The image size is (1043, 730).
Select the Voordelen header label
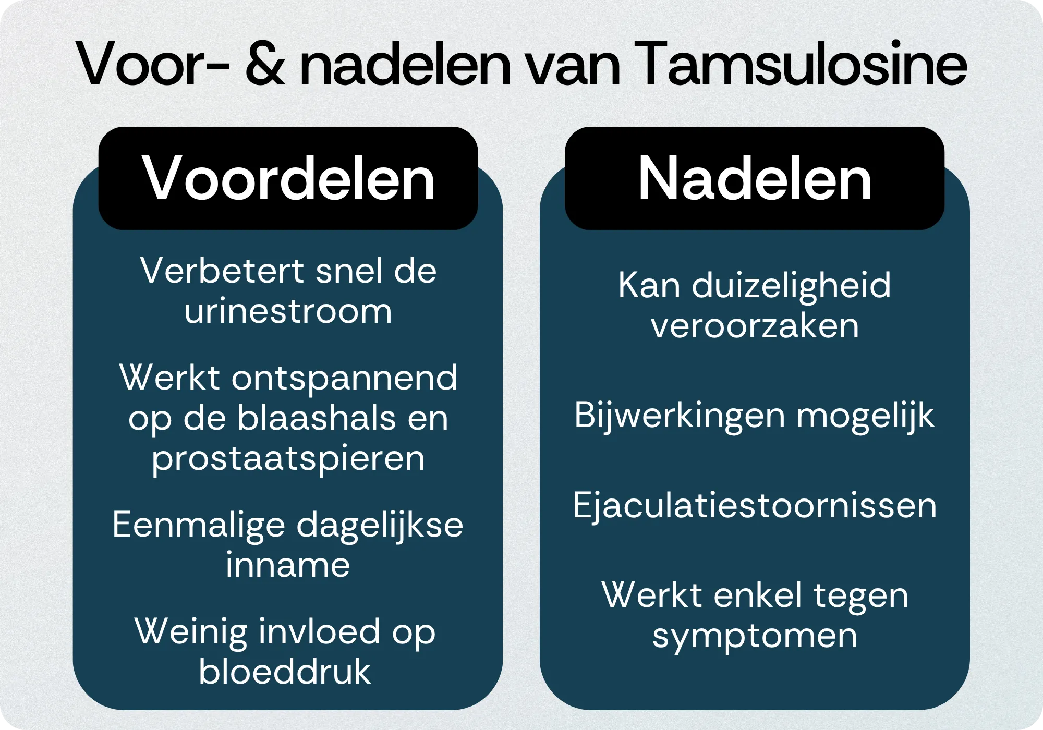(288, 178)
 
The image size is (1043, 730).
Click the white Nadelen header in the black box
(755, 178)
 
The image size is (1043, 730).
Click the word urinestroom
(288, 311)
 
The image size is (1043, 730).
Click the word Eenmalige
(199, 526)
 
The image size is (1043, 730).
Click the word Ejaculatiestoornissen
(755, 506)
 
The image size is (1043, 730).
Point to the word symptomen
(755, 638)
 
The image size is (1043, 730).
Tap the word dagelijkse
(380, 526)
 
